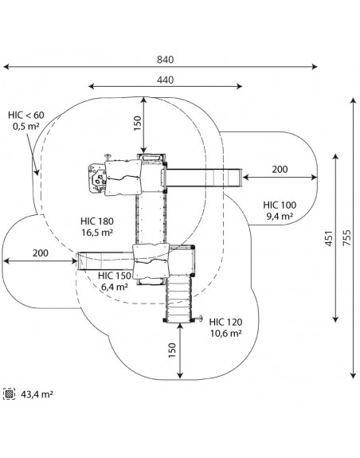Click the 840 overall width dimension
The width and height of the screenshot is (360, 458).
click(x=165, y=60)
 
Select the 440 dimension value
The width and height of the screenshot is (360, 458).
click(x=165, y=80)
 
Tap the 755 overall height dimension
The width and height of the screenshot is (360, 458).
click(x=346, y=238)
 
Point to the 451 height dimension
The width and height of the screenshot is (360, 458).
click(x=329, y=238)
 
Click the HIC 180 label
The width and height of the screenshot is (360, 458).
click(x=97, y=221)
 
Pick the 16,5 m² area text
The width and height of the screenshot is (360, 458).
click(x=97, y=233)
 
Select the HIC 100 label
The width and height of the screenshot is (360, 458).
click(x=280, y=205)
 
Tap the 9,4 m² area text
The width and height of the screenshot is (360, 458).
click(x=280, y=216)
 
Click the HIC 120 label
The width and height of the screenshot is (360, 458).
click(x=225, y=322)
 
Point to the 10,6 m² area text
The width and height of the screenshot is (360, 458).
click(x=225, y=333)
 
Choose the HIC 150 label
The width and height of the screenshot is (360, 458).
click(x=115, y=276)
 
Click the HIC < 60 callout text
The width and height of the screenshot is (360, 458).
click(x=26, y=115)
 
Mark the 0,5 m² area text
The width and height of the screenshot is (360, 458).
click(x=26, y=127)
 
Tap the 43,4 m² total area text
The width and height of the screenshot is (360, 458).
click(x=37, y=394)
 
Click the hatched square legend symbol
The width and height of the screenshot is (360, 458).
click(x=9, y=394)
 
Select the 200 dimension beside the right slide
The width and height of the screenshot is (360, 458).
click(x=280, y=170)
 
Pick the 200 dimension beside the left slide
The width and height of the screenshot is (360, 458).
click(x=41, y=253)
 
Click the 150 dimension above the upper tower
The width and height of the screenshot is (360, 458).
click(x=137, y=123)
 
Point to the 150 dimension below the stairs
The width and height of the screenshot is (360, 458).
click(x=172, y=350)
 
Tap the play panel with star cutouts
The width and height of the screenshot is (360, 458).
click(x=97, y=178)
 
